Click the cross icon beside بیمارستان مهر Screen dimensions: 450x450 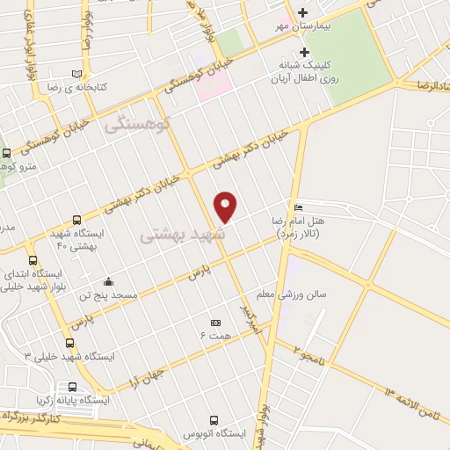pyautogui.click(x=303, y=13)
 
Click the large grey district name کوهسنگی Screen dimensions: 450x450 pyautogui.click(x=128, y=126)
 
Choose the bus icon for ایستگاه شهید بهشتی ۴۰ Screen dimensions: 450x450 pyautogui.click(x=76, y=220)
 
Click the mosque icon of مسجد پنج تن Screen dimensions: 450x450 pyautogui.click(x=107, y=282)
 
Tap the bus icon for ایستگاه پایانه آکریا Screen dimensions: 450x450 pyautogui.click(x=71, y=386)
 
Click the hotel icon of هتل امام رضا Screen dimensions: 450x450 pyautogui.click(x=299, y=207)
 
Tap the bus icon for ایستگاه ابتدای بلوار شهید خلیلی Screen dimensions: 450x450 pyautogui.click(x=33, y=260)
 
